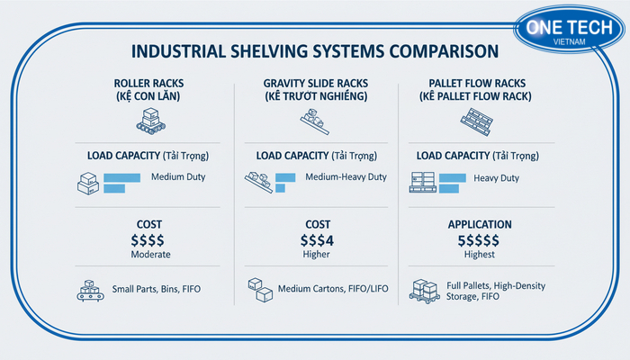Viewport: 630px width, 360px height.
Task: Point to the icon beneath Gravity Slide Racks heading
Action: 315,118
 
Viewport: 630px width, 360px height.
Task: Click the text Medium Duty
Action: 178,176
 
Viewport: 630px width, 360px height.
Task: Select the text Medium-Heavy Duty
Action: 346,176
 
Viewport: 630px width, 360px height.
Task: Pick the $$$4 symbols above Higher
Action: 315,240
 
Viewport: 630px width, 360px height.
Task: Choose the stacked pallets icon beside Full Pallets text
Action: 426,291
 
